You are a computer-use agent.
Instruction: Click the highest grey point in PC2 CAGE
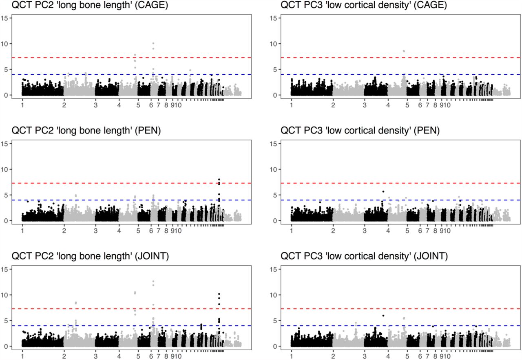[153, 43]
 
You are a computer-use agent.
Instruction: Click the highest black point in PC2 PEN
[219, 179]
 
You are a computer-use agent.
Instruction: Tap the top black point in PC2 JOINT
[219, 294]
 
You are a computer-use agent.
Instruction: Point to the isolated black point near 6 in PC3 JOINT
[383, 316]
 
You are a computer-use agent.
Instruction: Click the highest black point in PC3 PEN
[383, 191]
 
